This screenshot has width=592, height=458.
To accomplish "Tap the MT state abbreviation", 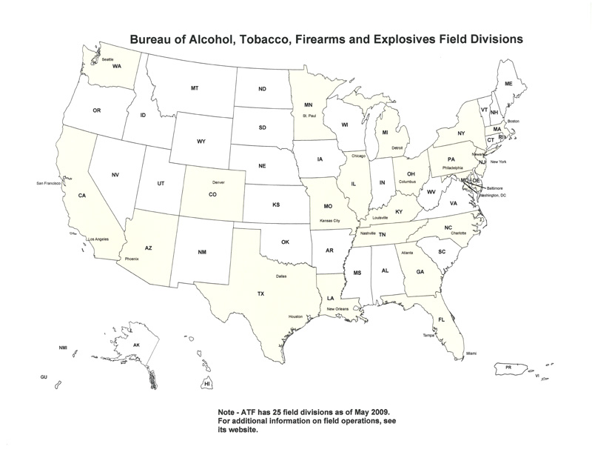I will [194, 88].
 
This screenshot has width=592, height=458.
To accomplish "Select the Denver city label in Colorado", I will [218, 182].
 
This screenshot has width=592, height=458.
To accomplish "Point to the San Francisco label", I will [50, 182].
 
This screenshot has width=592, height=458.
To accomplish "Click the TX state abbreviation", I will [260, 294].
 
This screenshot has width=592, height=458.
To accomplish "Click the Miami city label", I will [471, 354].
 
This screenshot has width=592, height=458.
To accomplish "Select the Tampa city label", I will [428, 336].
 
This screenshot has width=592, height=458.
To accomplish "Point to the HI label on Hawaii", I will [208, 384].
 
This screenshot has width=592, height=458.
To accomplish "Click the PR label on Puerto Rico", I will [508, 367].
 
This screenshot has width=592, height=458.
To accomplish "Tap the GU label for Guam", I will [44, 377].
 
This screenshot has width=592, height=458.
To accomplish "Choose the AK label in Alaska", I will [135, 345].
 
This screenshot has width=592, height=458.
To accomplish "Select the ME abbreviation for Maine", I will [508, 84].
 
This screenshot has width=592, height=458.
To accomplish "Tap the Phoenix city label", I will [132, 259].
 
